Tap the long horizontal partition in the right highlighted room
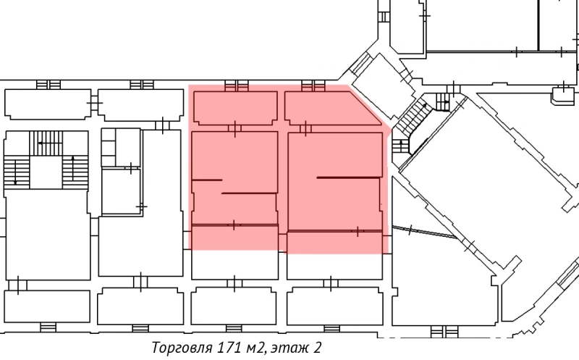click(x=348, y=177)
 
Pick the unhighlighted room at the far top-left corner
click(x=46, y=104)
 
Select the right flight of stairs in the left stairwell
click(x=75, y=171)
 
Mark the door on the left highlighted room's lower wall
click(x=234, y=225)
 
